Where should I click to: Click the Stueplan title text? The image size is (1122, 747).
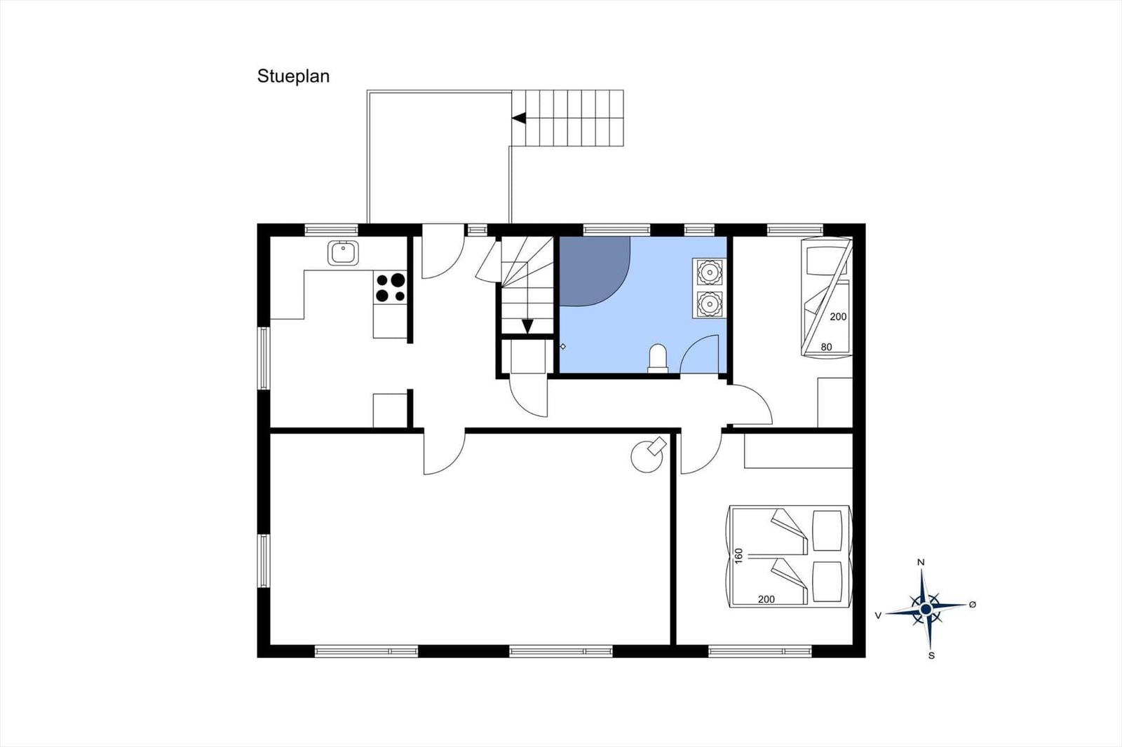293,76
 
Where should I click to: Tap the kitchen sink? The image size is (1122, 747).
343,253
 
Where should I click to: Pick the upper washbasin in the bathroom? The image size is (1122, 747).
710,270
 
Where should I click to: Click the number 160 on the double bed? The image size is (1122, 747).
738,556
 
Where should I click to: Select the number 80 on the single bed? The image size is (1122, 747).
826,347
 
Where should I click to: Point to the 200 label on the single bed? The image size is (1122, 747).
838,317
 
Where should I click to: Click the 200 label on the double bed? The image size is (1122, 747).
766,599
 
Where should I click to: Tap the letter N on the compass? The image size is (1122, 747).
921,563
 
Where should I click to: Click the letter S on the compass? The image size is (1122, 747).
931,656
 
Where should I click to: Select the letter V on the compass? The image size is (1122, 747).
877,615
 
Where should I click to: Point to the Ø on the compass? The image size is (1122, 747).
972,605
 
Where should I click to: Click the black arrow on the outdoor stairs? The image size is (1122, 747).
519,118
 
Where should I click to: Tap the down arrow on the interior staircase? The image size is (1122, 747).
527,326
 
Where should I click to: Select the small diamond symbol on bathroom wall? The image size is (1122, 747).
562,346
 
